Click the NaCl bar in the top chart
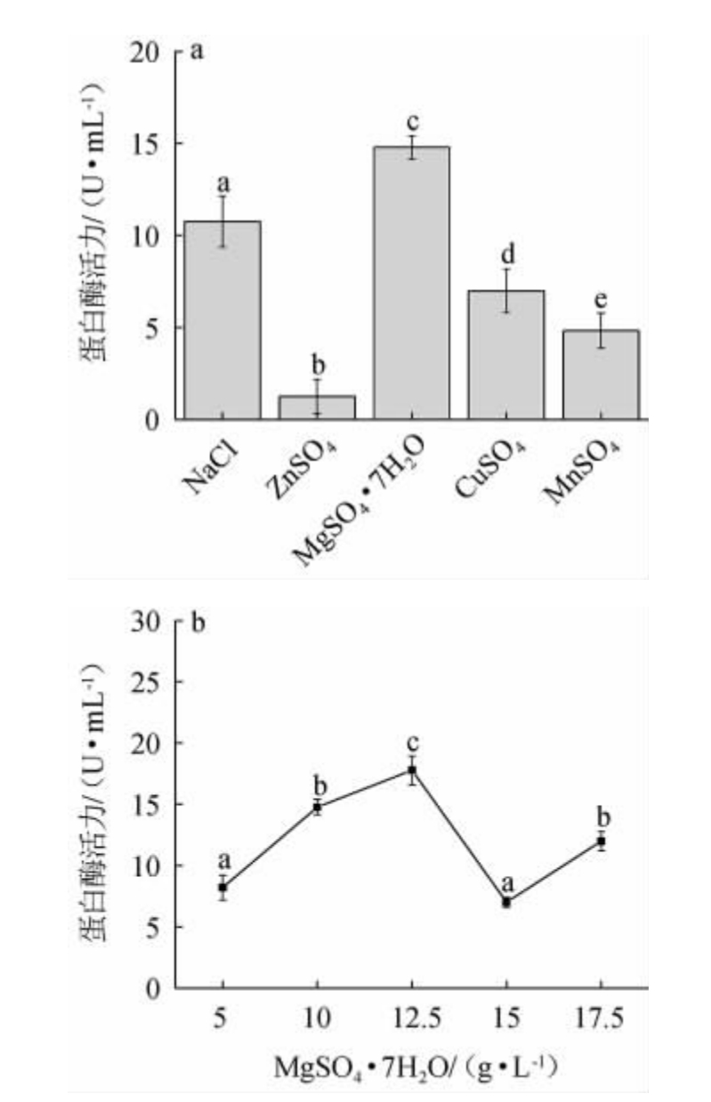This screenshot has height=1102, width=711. coord(222,320)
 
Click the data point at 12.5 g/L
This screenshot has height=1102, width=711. coord(412,770)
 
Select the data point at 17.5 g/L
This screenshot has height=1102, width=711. coord(602,841)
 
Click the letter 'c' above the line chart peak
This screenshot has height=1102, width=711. coord(412,744)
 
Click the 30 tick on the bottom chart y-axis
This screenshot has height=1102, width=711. coord(150,621)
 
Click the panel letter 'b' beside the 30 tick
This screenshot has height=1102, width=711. coord(198,622)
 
